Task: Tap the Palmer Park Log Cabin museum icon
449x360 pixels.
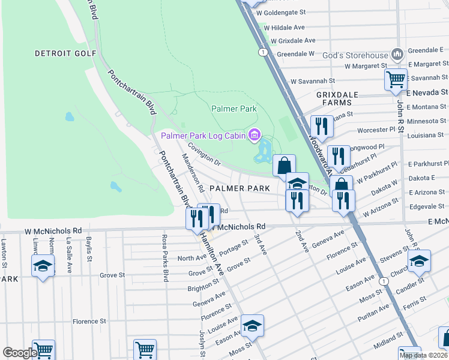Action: tap(255, 136)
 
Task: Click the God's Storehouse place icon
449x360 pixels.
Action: tap(396, 55)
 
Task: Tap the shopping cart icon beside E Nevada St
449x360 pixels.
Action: tap(396, 79)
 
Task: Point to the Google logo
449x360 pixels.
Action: tap(20, 353)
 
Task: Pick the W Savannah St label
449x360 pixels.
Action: tap(312, 81)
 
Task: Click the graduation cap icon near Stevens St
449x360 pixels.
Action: tap(419, 260)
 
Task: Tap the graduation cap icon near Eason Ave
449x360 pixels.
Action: tap(252, 325)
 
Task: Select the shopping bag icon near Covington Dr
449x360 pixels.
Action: tap(284, 165)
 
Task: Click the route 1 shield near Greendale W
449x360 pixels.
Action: tap(263, 52)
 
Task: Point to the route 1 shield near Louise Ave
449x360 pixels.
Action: tap(382, 280)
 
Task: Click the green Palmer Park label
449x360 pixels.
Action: tap(234, 109)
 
